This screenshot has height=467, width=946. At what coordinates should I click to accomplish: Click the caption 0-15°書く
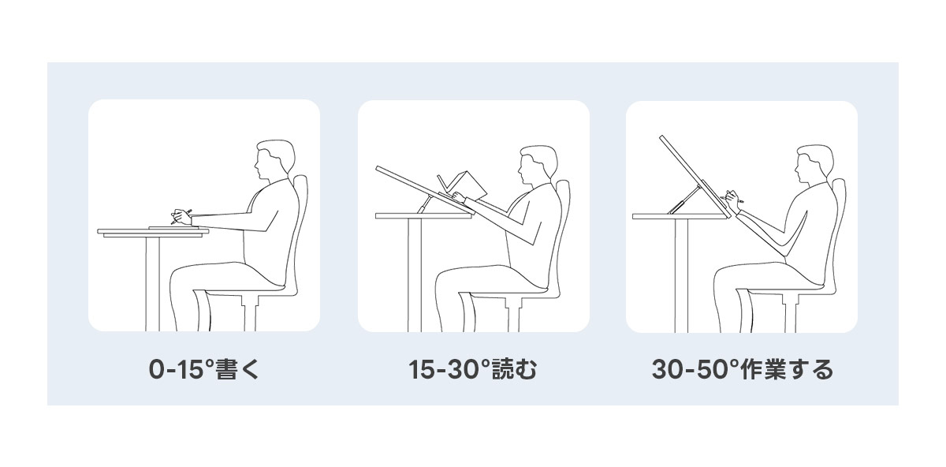click(204, 369)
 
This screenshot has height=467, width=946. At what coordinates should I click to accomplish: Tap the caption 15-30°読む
click(473, 369)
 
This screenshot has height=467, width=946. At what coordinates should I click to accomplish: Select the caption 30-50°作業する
click(742, 369)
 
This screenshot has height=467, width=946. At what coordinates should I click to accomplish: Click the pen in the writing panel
click(181, 216)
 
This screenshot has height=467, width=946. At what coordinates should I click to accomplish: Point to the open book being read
click(464, 186)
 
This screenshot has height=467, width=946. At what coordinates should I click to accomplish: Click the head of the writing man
click(274, 160)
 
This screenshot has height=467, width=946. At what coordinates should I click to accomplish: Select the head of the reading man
click(537, 166)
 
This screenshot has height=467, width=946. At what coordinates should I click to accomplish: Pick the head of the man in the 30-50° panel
click(814, 165)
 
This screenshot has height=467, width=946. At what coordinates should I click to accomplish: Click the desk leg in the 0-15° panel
click(153, 283)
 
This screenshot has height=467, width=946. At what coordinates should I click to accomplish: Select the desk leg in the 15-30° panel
click(415, 275)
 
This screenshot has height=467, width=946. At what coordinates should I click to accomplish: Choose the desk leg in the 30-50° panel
click(682, 275)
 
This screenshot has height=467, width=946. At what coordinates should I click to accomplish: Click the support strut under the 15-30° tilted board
click(424, 205)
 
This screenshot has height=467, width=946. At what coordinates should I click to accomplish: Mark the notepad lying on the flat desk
click(173, 227)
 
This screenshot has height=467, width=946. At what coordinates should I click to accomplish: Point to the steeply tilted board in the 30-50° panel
click(695, 176)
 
